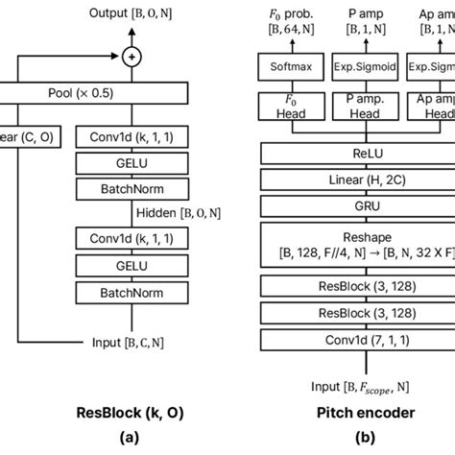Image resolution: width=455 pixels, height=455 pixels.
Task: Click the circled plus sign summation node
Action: pos(130,57)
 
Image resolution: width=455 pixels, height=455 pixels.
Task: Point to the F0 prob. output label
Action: pos(285,19)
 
